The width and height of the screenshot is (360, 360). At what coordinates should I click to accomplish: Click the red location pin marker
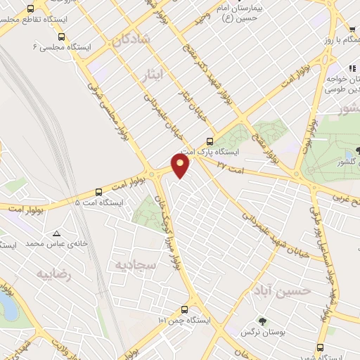tap(181, 165)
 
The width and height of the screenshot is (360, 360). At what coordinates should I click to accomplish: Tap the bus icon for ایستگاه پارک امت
tap(210, 140)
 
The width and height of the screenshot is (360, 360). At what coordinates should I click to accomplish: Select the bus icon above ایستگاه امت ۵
tap(98, 191)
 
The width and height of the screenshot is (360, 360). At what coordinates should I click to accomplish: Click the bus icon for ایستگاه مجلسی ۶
tap(61, 37)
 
